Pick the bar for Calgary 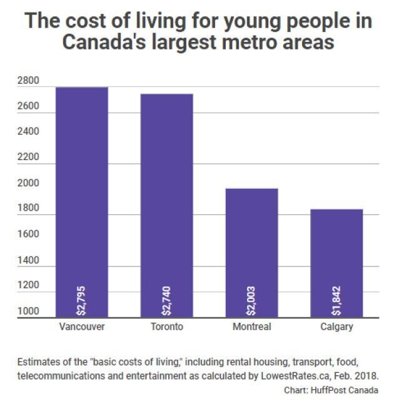tap(336, 263)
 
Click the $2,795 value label tap(82, 300)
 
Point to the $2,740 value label tap(167, 300)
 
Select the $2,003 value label tap(252, 300)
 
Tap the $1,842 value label tap(336, 300)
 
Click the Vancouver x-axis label tap(82, 327)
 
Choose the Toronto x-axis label tap(167, 327)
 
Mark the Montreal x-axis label tap(252, 327)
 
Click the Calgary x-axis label tap(336, 327)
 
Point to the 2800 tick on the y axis tap(28, 81)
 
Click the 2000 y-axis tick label tap(28, 183)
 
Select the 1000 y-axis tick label tap(28, 311)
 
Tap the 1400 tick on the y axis tap(28, 260)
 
